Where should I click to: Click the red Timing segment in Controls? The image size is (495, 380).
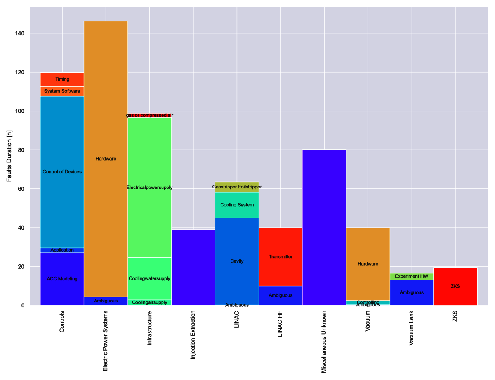coord(62,79)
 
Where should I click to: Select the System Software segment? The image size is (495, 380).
coord(62,91)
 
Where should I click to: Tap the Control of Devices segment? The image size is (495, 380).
coord(62,172)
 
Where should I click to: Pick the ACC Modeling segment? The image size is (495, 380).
coord(62,279)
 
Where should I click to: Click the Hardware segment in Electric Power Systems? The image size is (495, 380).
coord(106,159)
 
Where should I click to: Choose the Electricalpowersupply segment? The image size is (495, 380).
coord(149,187)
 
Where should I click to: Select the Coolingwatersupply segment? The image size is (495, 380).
coord(149,278)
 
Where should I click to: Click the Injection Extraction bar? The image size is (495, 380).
coord(193,267)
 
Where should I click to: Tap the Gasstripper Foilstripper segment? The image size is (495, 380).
coord(237,187)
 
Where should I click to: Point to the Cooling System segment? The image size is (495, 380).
coord(237,205)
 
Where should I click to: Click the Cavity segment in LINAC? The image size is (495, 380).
coord(237,261)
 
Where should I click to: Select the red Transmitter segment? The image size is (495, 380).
coord(280,257)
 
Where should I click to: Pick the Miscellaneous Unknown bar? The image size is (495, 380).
coord(324,227)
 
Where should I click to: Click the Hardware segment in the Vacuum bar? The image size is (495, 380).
coord(368,264)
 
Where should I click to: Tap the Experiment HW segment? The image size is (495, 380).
coord(412,276)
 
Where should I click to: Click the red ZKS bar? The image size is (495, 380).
coord(455,286)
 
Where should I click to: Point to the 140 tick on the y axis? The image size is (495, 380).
coord(20,34)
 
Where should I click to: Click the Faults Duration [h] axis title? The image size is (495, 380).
coord(10,156)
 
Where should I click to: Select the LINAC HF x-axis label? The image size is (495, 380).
coord(280,324)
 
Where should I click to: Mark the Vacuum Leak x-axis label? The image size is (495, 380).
coord(412,328)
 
